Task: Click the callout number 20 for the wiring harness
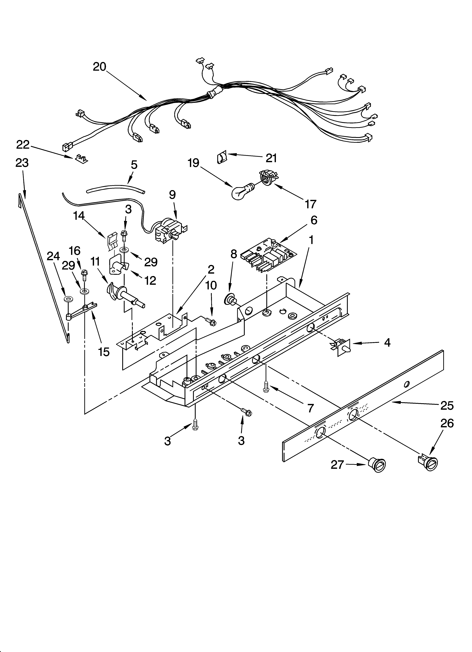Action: [x=99, y=67]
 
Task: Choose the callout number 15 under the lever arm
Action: [x=104, y=352]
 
